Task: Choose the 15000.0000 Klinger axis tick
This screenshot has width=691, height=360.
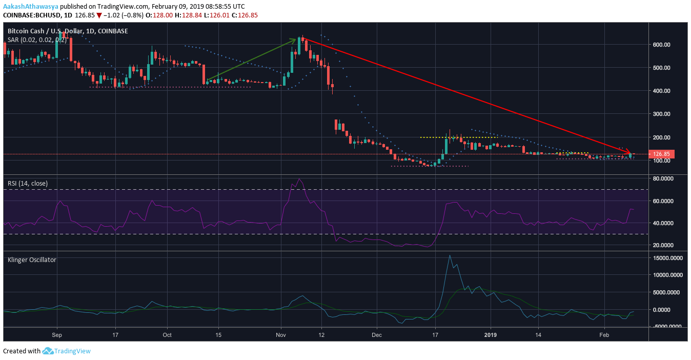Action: [x=667, y=258]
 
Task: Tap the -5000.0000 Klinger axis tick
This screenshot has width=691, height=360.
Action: [x=667, y=326]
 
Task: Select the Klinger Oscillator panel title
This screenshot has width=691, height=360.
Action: [x=32, y=260]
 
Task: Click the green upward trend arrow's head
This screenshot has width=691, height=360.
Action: [x=296, y=39]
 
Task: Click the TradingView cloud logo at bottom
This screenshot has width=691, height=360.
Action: [x=48, y=351]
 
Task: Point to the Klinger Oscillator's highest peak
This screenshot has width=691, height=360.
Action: [x=450, y=255]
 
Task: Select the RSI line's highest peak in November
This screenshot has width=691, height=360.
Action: [x=299, y=179]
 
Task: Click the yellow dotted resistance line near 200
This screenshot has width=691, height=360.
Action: [x=459, y=137]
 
